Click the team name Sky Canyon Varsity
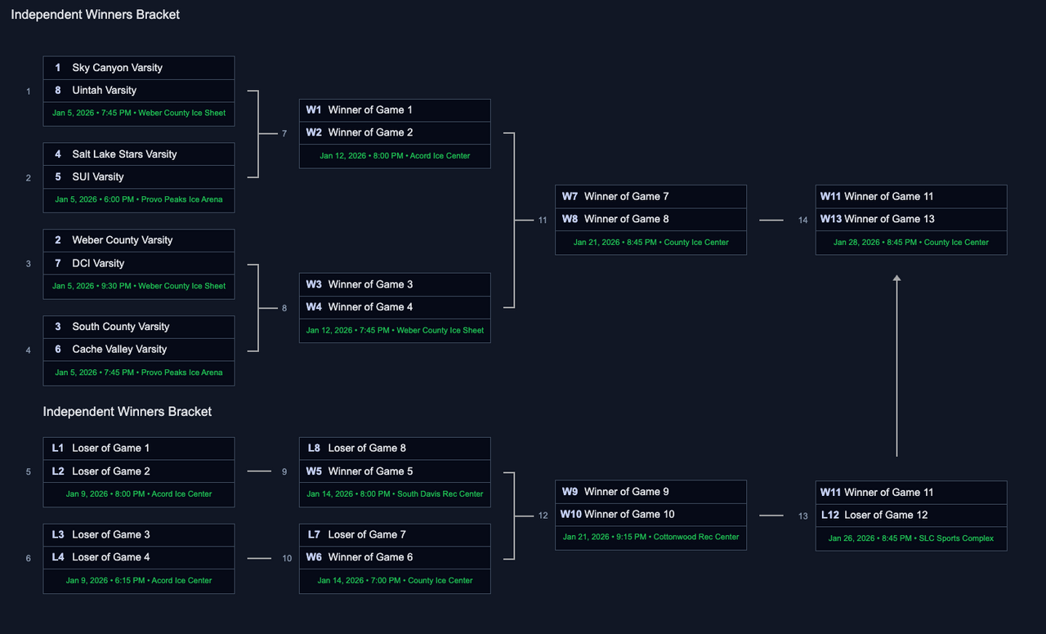click(x=117, y=68)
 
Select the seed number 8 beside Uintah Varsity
click(x=58, y=91)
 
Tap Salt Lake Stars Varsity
click(x=124, y=154)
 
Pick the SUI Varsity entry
click(x=98, y=177)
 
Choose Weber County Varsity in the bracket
click(x=122, y=240)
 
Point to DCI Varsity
click(x=98, y=263)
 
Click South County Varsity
click(x=120, y=327)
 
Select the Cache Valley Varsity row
click(x=119, y=350)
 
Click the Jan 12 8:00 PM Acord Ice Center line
click(x=395, y=156)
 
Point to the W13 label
click(x=831, y=219)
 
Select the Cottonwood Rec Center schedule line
click(x=650, y=538)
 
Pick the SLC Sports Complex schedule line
click(x=911, y=538)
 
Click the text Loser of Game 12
click(x=886, y=516)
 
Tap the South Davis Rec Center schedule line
click(x=395, y=494)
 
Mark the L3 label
click(x=58, y=535)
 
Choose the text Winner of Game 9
click(x=626, y=492)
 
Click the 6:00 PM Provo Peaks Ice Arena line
click(x=139, y=199)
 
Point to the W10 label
click(x=570, y=515)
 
